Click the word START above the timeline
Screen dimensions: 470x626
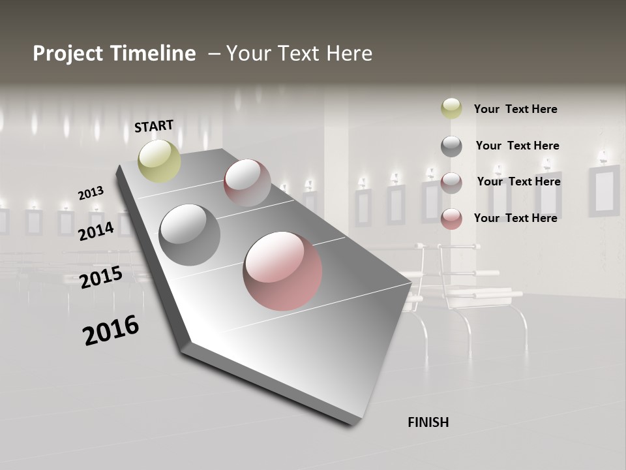(x=154, y=126)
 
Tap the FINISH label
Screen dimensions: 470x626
(x=428, y=422)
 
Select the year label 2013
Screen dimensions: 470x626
(x=91, y=193)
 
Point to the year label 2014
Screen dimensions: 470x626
(x=96, y=231)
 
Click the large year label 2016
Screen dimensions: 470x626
(x=111, y=330)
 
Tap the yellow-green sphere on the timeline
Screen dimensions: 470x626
(x=160, y=161)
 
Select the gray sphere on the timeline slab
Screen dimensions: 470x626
(x=190, y=235)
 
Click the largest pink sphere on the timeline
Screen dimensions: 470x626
(x=282, y=271)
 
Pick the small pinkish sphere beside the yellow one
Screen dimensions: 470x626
(x=247, y=183)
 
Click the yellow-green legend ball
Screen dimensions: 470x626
(x=451, y=108)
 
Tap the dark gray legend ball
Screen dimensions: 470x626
(x=451, y=146)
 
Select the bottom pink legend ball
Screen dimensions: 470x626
(x=451, y=218)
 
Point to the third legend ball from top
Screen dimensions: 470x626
(x=451, y=182)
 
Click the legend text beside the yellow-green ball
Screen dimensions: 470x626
(x=515, y=109)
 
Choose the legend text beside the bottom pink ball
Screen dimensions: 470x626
(x=515, y=218)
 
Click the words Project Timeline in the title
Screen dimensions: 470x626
(x=114, y=54)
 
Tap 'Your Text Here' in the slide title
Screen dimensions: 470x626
(x=299, y=54)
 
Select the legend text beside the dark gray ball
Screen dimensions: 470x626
(x=517, y=146)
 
